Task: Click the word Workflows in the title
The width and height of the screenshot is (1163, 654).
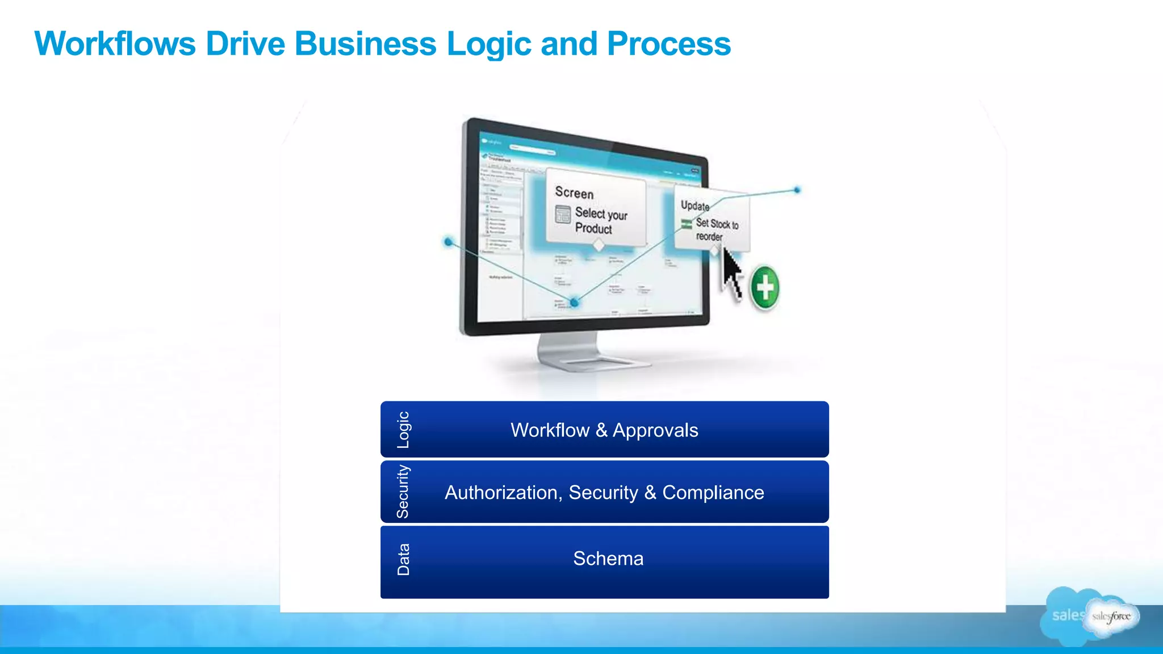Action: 115,44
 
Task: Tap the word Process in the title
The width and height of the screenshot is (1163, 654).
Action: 668,44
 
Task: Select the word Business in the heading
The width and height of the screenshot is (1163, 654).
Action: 365,44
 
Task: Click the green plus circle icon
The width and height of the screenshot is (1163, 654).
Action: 765,287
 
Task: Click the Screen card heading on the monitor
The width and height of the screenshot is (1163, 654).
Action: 574,192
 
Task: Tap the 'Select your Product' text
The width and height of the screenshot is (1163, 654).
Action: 600,221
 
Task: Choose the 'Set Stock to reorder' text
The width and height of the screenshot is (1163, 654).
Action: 717,230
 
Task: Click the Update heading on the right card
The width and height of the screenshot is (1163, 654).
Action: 695,206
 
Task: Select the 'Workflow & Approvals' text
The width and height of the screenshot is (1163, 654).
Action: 604,430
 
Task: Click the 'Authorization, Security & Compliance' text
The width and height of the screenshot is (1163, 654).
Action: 604,492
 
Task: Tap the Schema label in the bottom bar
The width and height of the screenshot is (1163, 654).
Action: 608,559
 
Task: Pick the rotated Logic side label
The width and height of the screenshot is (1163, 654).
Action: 403,430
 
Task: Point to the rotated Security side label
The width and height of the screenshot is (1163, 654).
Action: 403,492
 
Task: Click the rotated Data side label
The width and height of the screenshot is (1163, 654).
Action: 403,560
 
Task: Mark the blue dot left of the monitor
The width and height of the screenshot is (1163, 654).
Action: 449,242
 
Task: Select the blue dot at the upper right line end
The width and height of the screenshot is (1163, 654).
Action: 797,190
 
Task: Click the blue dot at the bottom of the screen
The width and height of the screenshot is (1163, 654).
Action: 575,303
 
